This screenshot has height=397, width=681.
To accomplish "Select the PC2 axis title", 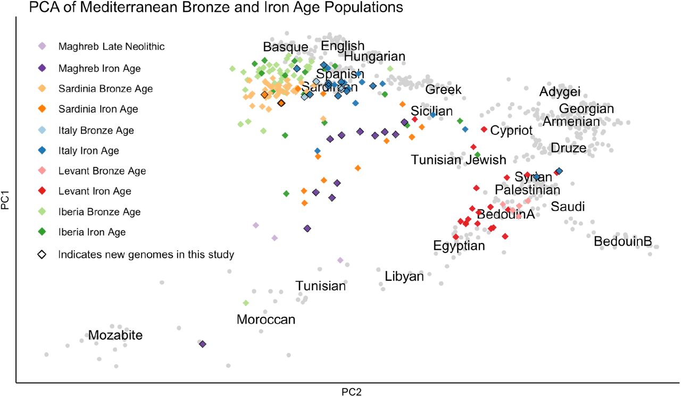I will [x=352, y=392].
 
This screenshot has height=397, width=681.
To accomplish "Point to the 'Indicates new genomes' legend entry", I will [x=146, y=255].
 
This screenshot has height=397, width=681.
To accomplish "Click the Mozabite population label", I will [x=115, y=335].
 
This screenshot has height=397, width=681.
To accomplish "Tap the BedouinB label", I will [x=622, y=242].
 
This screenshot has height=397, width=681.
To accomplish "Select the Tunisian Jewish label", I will [x=458, y=159].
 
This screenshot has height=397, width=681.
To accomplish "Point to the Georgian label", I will [x=586, y=109].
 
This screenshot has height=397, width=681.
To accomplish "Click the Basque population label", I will [x=285, y=47].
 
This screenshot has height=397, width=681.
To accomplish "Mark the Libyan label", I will [x=404, y=277].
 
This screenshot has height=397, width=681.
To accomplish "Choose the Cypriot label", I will [x=511, y=130].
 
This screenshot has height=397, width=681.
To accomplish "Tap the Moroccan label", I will [x=265, y=319].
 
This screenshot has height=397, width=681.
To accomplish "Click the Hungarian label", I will [x=375, y=56].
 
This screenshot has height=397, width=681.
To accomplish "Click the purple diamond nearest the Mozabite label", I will [x=202, y=344].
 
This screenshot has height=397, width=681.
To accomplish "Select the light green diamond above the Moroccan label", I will [x=246, y=303].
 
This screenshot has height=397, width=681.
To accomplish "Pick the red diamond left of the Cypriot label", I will [x=484, y=129].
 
